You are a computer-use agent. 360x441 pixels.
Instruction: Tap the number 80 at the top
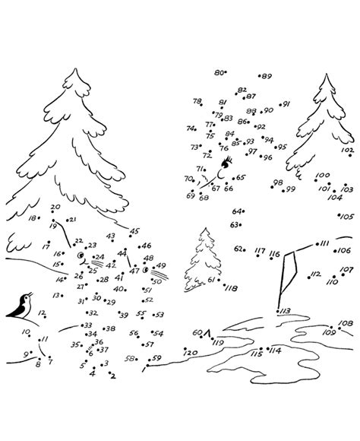219,72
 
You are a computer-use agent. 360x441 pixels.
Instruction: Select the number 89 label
266,76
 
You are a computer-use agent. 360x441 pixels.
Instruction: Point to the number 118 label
231,289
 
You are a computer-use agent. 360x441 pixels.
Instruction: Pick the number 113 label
285,311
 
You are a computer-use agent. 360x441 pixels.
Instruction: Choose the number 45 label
135,231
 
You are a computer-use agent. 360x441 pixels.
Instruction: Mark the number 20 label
55,208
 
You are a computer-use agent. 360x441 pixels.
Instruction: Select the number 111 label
324,243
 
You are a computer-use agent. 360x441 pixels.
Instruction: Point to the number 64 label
237,211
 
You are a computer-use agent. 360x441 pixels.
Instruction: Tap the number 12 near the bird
42,313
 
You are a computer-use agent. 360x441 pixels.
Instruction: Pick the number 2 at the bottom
112,375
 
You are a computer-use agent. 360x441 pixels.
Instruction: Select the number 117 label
260,251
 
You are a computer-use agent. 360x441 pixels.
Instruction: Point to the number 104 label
335,197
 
